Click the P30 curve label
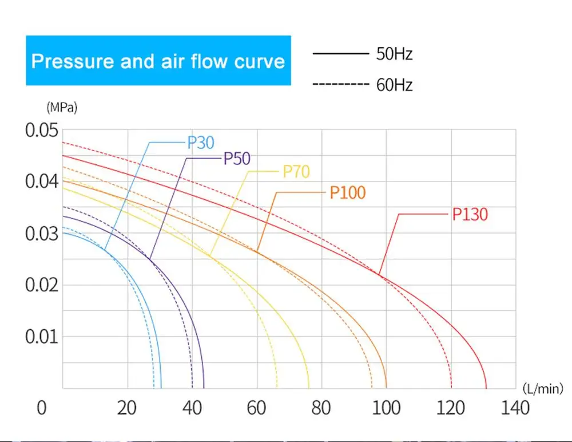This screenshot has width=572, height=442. pyautogui.click(x=200, y=142)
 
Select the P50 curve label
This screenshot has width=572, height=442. pyautogui.click(x=237, y=158)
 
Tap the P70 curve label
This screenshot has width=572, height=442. pyautogui.click(x=296, y=171)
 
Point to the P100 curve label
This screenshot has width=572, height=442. pyautogui.click(x=347, y=192)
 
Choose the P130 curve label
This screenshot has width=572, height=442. pyautogui.click(x=470, y=215)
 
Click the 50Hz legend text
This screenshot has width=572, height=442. pyautogui.click(x=394, y=54)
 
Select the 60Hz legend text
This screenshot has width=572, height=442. pyautogui.click(x=394, y=86)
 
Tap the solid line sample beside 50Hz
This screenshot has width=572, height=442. pyautogui.click(x=340, y=54)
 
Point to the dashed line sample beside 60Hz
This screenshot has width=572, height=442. pyautogui.click(x=340, y=85)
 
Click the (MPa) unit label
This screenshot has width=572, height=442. pyautogui.click(x=60, y=106)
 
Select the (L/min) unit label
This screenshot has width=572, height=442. pyautogui.click(x=543, y=389)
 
